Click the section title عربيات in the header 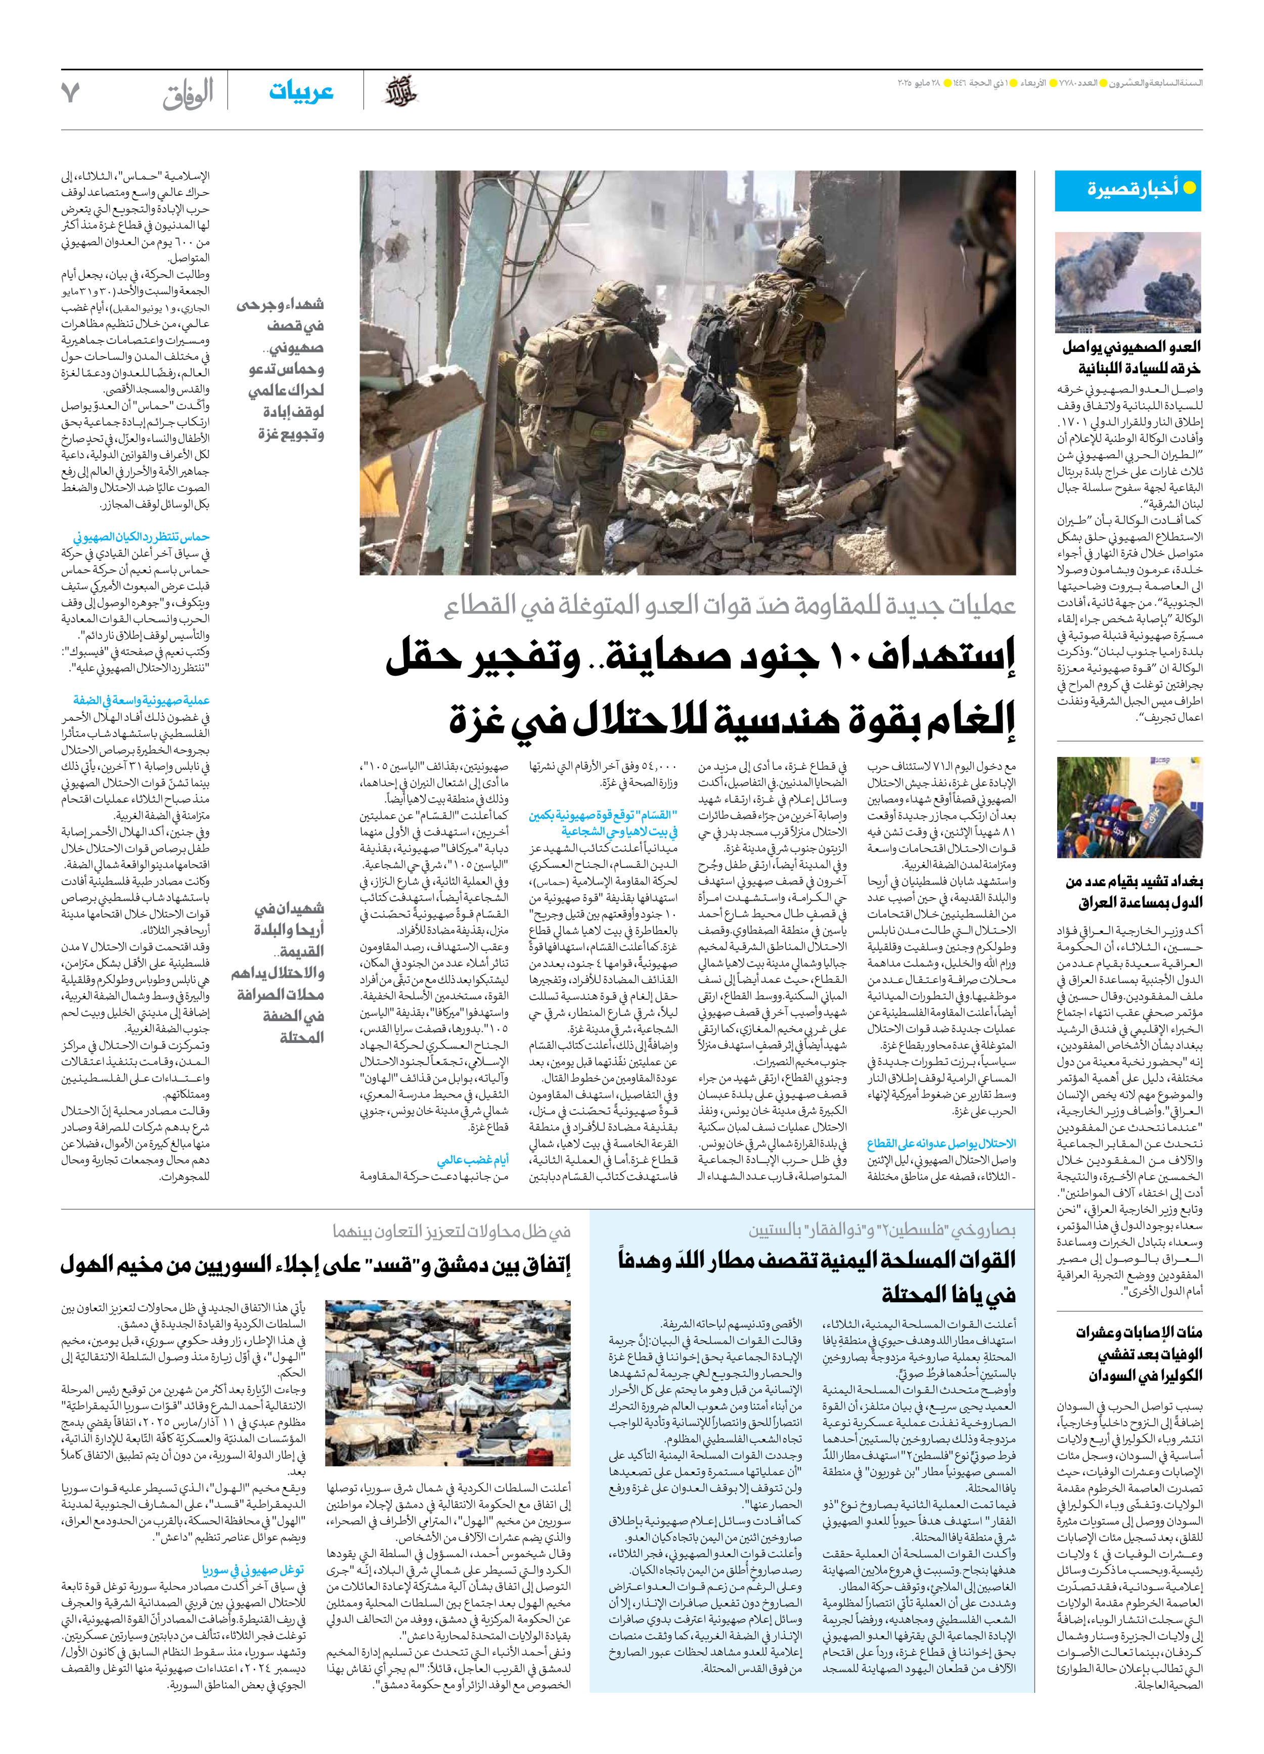[301, 91]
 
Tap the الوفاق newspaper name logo [188, 95]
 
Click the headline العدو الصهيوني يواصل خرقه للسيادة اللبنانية [1131, 357]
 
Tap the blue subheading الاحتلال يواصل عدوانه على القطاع [941, 1144]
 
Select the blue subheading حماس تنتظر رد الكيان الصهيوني [142, 537]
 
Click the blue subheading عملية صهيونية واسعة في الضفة [142, 700]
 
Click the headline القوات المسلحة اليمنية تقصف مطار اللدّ [817, 1260]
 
